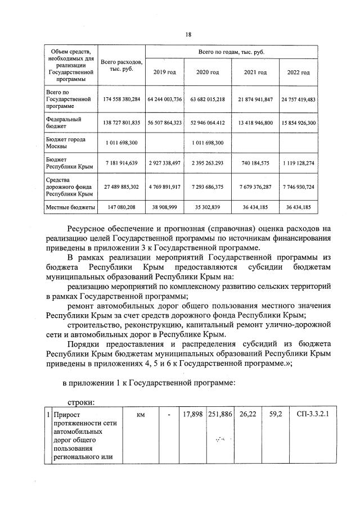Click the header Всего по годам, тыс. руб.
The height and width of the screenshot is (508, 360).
pyautogui.click(x=231, y=52)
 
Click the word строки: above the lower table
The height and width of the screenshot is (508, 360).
pyautogui.click(x=82, y=402)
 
